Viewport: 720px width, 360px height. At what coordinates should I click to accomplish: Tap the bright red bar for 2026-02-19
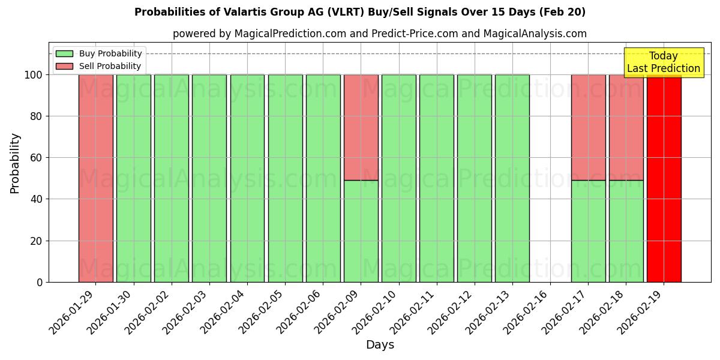664,180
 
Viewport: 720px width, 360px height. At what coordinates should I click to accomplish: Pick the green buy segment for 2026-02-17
588,231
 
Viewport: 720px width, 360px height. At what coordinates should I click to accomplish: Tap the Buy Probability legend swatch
64,53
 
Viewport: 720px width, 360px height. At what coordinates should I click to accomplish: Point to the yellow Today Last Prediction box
663,62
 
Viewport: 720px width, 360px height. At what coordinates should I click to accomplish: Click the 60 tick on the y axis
37,158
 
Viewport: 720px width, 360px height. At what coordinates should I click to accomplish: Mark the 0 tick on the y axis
40,282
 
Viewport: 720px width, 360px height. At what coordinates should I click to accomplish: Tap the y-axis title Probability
15,163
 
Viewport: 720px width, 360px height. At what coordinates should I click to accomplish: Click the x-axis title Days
380,345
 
